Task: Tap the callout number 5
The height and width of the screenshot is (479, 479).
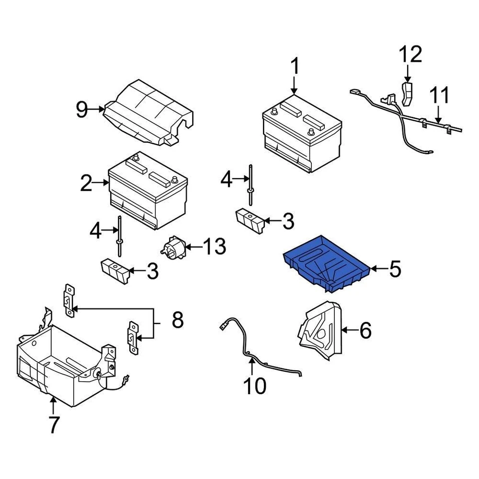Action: tap(395, 269)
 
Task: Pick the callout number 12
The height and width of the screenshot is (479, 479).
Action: tap(410, 54)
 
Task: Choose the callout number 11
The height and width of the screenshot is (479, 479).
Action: tap(440, 96)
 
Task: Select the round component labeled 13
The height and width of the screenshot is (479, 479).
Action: tap(172, 248)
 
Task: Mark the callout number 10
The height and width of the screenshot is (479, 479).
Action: tap(254, 385)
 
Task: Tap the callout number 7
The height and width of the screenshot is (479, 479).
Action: tap(53, 425)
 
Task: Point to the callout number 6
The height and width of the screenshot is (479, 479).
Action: tap(365, 330)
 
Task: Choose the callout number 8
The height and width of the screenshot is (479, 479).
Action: tap(178, 320)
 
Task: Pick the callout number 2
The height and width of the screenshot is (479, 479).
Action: tap(86, 184)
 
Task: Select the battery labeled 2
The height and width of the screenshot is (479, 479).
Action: tap(148, 191)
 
